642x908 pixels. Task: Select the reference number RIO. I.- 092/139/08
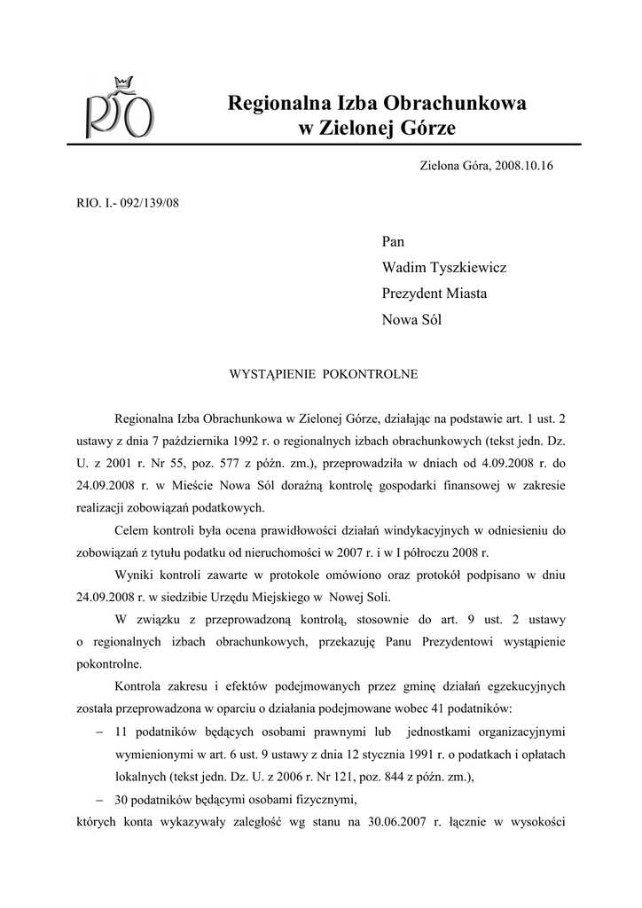129,202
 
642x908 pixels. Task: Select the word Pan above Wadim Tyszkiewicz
393,241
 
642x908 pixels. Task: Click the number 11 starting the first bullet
123,732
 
